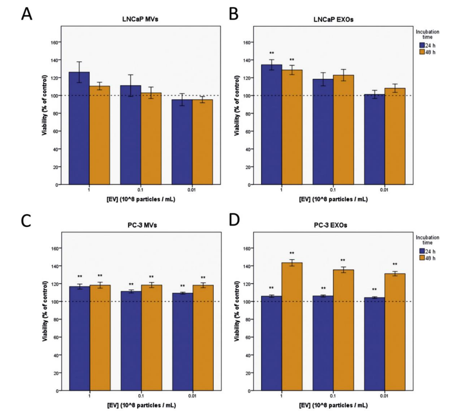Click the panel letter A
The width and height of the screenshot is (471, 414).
coord(27,15)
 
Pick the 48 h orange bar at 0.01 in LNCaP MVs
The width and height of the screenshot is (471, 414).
coord(203,142)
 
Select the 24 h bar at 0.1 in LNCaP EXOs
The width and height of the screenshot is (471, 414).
coord(323,132)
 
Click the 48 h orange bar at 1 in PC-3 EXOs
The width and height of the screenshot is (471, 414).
coord(292,327)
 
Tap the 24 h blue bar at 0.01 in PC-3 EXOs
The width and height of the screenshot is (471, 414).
coord(374,344)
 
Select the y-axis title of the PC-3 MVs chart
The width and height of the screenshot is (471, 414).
coord(44,311)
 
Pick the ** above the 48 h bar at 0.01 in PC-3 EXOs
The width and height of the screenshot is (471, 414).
coord(395,264)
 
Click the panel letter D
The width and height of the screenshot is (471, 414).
coord(234,221)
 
